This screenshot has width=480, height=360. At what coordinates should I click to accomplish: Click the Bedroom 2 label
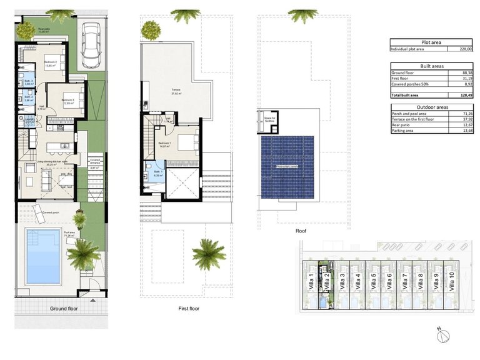51,63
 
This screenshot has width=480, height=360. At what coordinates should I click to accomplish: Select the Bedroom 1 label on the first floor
164,144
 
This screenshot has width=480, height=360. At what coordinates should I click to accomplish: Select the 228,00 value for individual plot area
464,49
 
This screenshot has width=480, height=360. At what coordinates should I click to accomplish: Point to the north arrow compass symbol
442,334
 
